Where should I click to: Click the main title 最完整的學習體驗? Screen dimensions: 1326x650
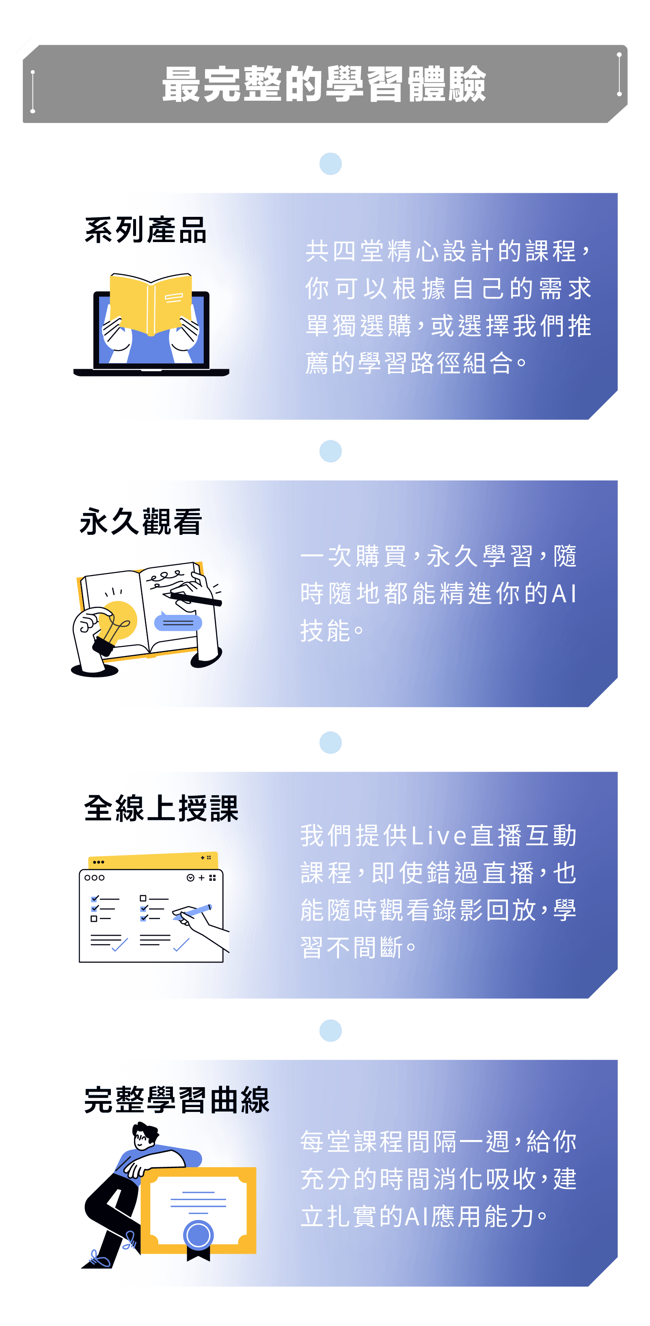324,84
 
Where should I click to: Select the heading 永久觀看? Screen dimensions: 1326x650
140,521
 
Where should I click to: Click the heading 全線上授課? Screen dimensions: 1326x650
161,808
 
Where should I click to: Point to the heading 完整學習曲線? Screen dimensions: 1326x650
177,1100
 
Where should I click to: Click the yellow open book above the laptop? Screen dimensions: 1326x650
151,304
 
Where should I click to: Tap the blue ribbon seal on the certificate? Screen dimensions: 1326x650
198,1235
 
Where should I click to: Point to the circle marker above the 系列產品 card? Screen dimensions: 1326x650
330,164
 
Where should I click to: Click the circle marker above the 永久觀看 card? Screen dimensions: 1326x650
330,452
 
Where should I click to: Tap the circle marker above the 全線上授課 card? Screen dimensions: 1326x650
330,743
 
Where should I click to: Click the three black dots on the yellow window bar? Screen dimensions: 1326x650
98,862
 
